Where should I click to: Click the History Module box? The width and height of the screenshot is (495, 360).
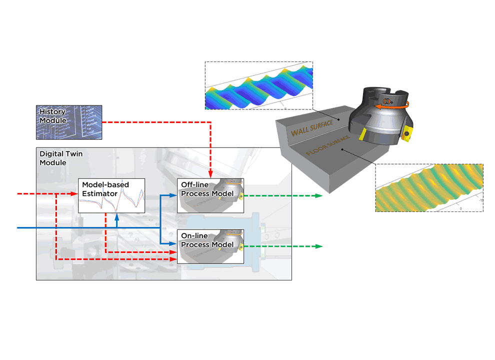click(69, 121)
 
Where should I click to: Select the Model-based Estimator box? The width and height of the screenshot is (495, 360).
click(111, 195)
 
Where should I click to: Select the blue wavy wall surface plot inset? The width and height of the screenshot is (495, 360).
click(258, 85)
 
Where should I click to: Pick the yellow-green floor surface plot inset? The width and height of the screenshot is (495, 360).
click(429, 187)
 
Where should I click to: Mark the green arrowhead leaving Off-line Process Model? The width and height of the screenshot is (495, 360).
click(318, 196)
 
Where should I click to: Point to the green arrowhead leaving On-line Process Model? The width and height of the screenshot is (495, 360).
click(318, 246)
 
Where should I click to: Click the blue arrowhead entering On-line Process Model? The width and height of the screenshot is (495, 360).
click(174, 243)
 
